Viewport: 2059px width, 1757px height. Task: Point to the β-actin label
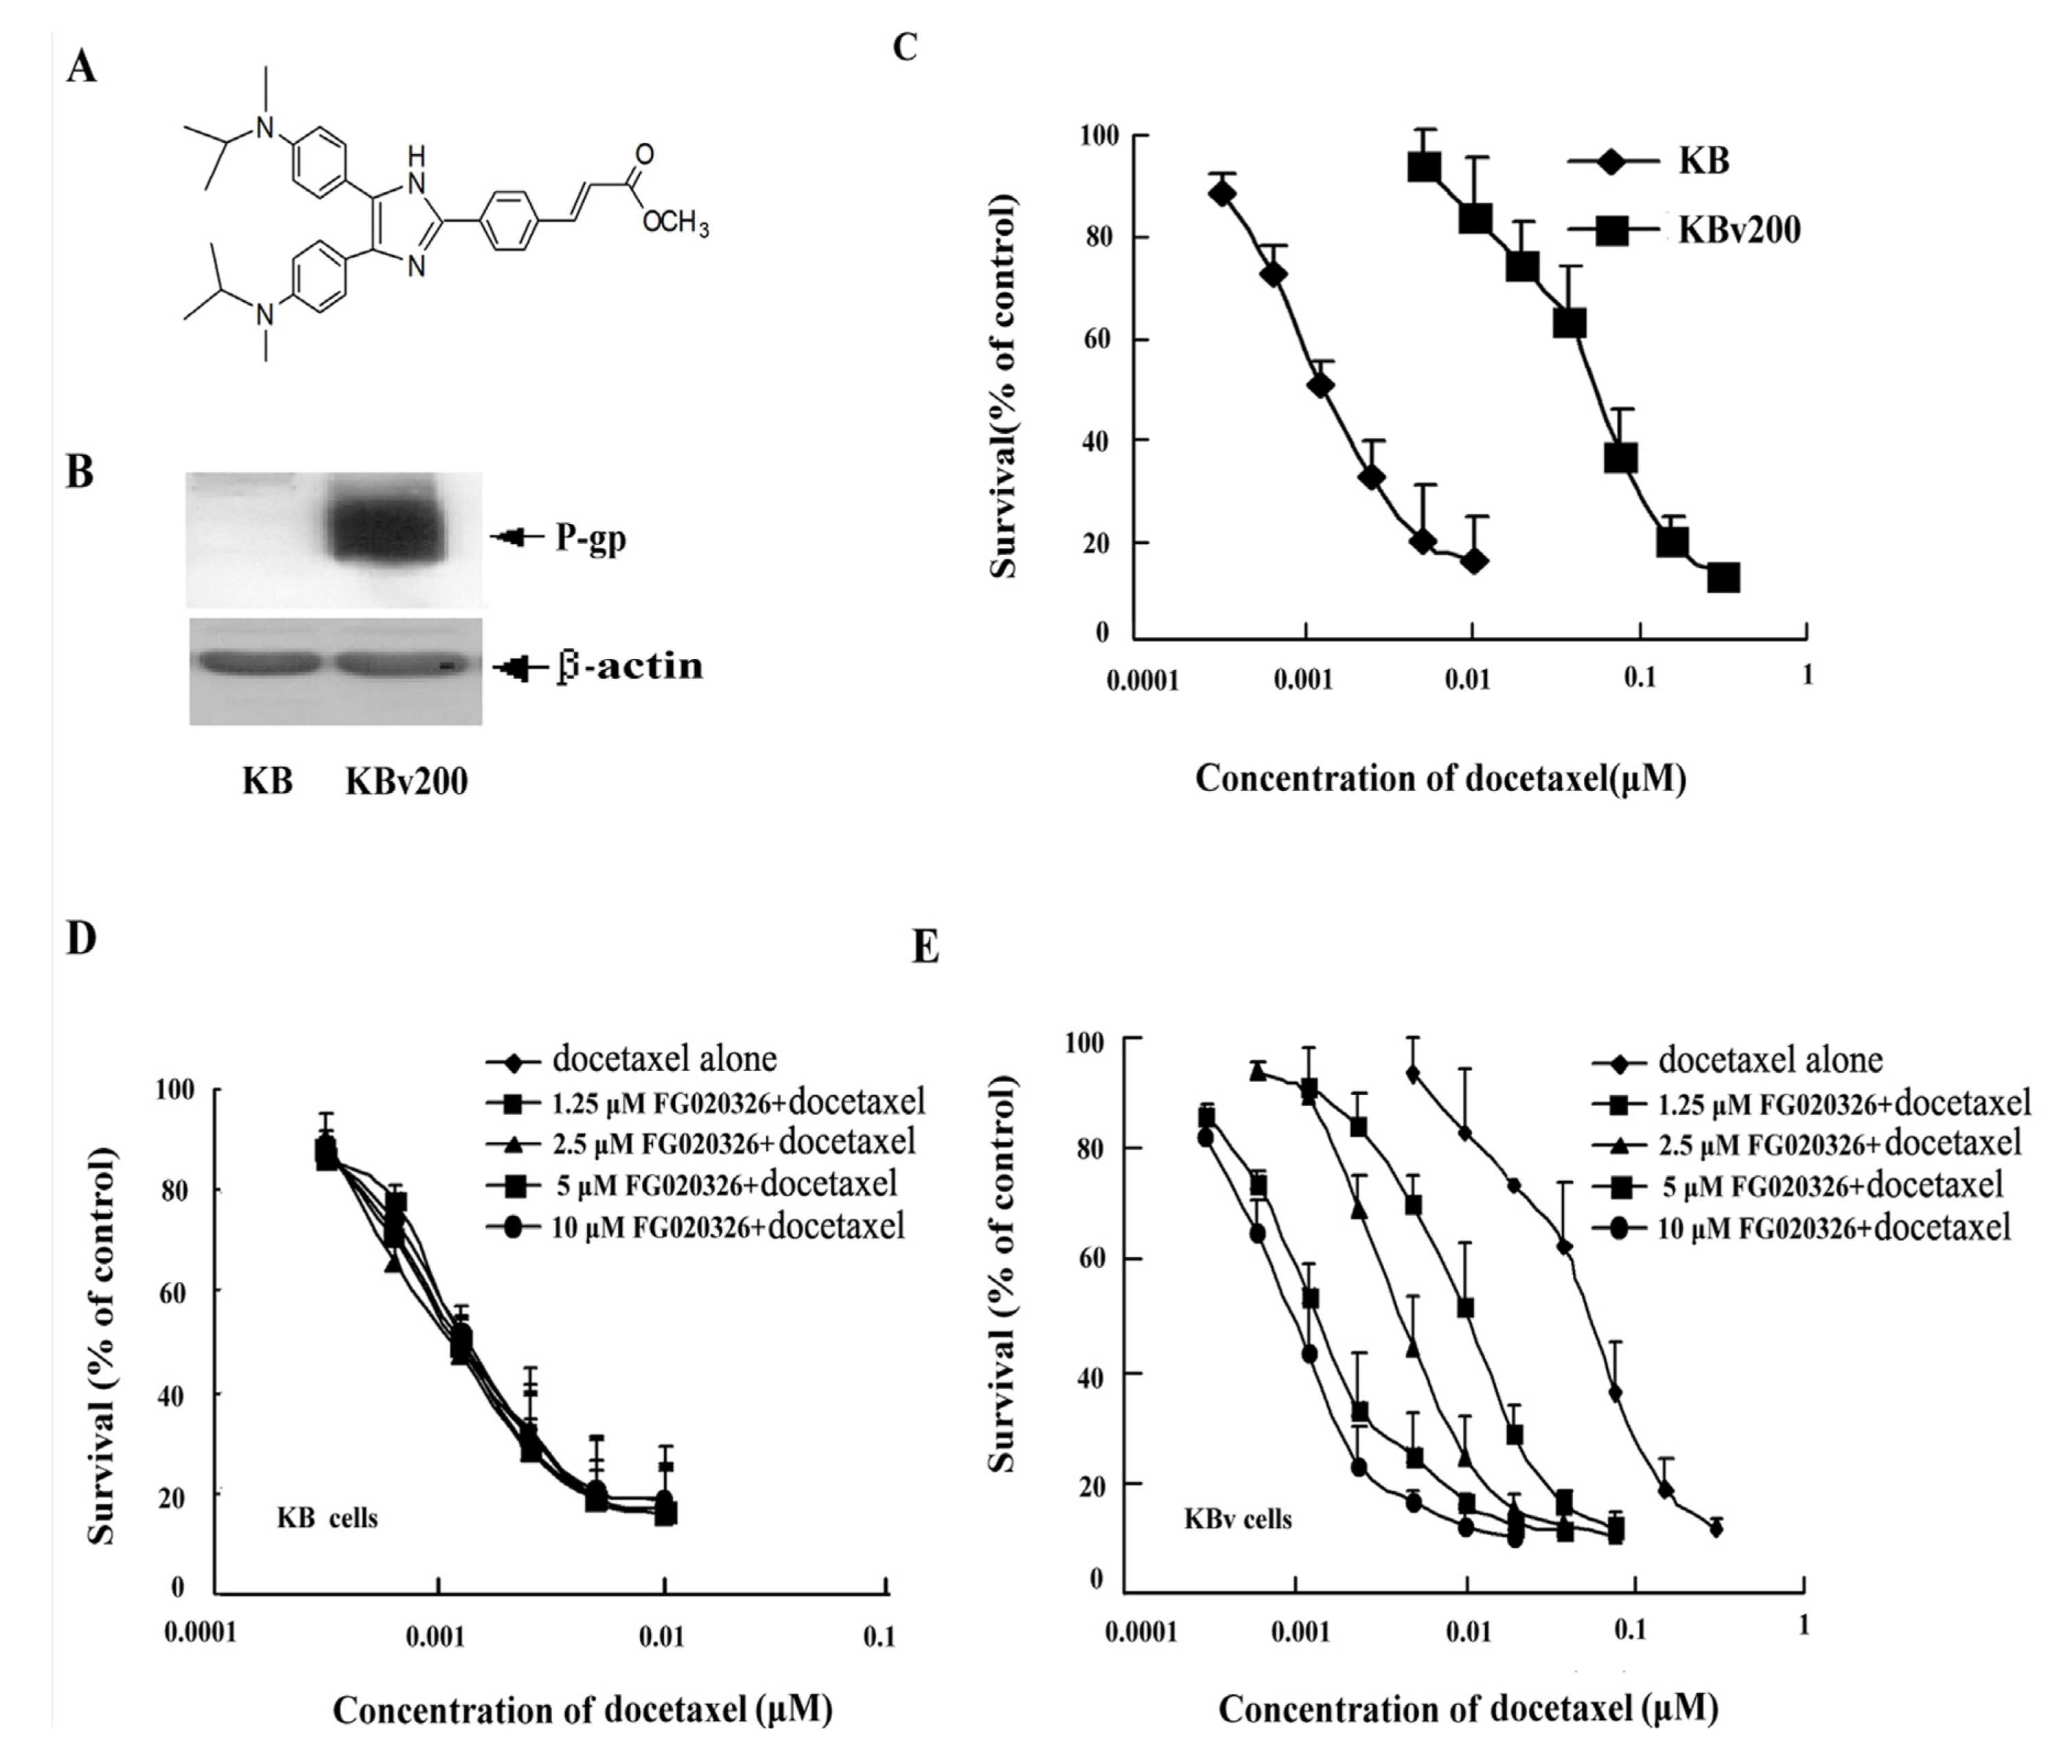tap(629, 666)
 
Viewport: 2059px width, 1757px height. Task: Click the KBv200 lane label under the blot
tap(406, 782)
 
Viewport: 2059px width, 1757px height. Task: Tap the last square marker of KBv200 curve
tap(1723, 577)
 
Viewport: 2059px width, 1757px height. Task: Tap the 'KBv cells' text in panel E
tap(1237, 1519)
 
